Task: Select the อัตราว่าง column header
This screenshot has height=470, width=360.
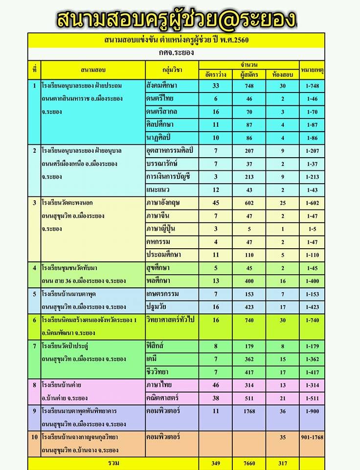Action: click(216, 75)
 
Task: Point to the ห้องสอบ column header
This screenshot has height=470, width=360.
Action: click(282, 75)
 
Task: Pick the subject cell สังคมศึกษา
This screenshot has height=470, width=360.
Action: click(162, 86)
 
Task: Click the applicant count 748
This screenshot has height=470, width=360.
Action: click(249, 86)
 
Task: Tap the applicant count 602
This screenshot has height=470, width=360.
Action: click(249, 203)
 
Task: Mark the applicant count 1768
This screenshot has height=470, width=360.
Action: click(249, 411)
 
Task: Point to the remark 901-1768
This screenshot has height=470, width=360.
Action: click(312, 437)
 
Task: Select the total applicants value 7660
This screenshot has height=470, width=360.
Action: click(249, 463)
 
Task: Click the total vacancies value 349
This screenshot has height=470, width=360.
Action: click(216, 463)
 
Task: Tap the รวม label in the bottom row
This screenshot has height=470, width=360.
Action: click(113, 463)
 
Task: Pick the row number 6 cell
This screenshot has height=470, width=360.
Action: click(34, 320)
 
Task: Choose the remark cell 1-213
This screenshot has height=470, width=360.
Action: click(312, 177)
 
